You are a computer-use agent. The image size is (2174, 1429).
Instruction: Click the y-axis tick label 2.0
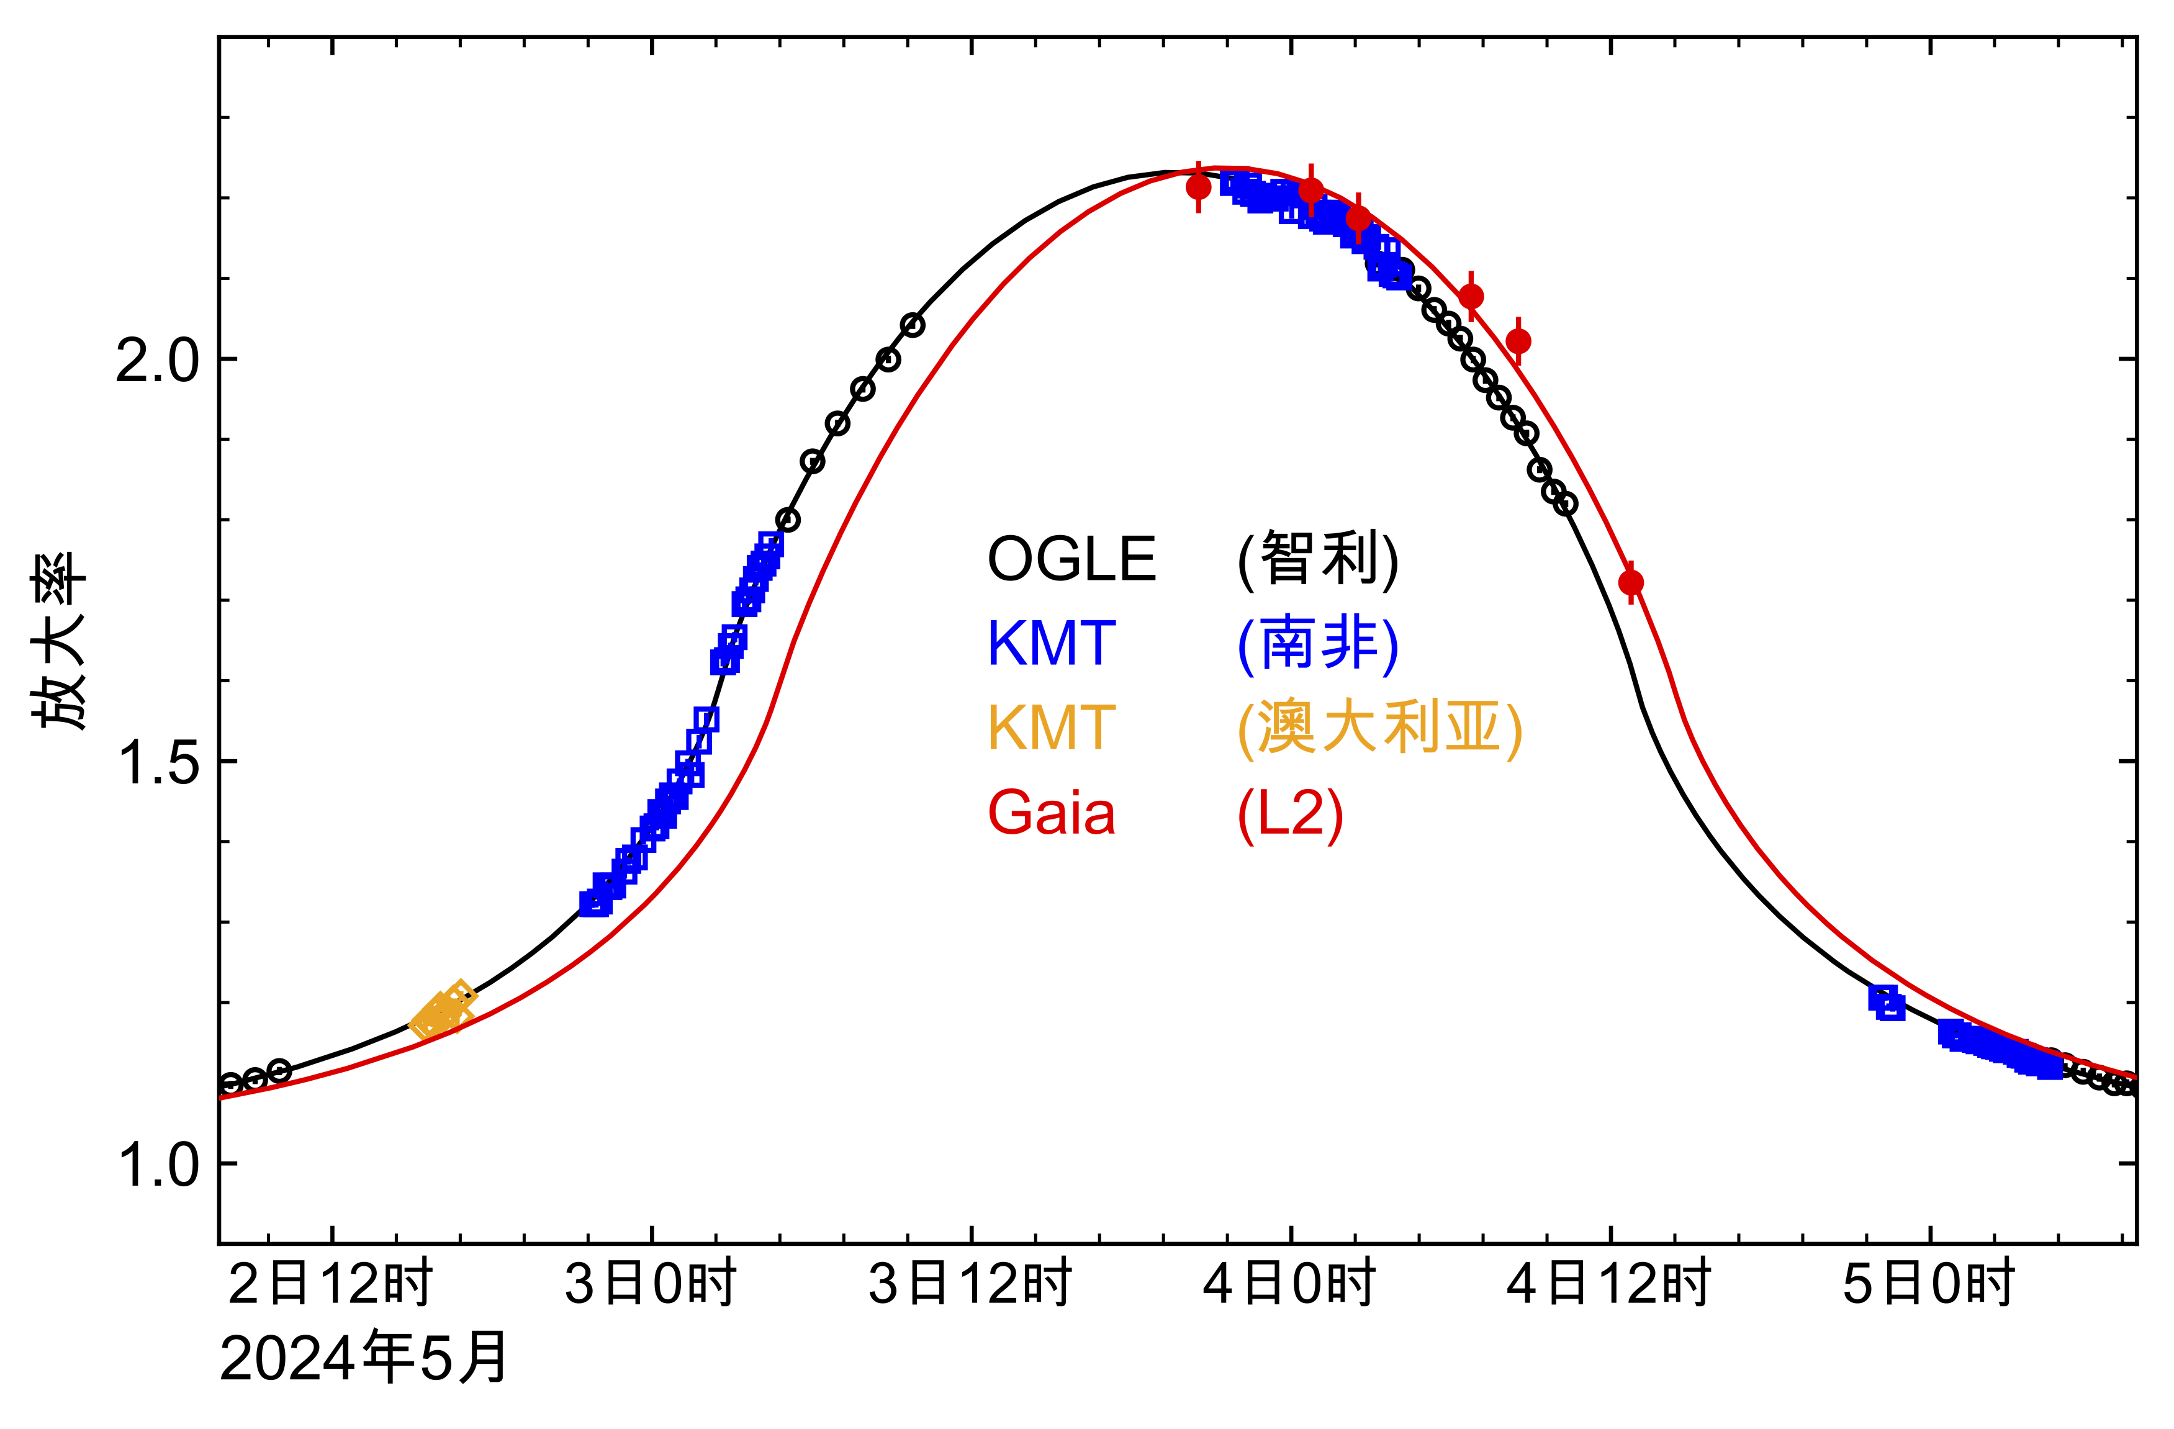pos(156,361)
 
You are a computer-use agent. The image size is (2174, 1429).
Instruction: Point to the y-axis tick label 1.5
pos(156,763)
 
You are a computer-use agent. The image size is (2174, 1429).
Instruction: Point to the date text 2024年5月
pos(364,1359)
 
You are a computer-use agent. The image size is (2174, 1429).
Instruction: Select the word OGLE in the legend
pos(1071,559)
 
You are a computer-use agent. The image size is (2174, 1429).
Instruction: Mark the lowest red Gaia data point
pos(1630,582)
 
